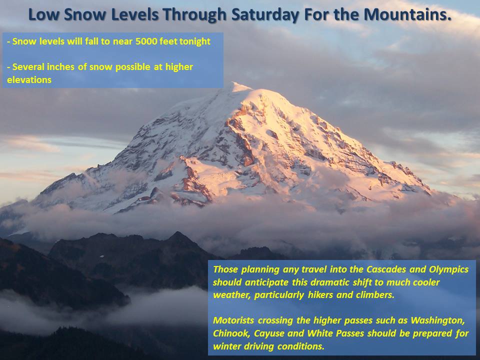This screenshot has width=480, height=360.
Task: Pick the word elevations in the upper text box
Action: [29, 80]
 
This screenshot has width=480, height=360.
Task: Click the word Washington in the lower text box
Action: [438, 321]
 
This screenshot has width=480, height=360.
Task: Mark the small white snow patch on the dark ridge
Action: [102, 256]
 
